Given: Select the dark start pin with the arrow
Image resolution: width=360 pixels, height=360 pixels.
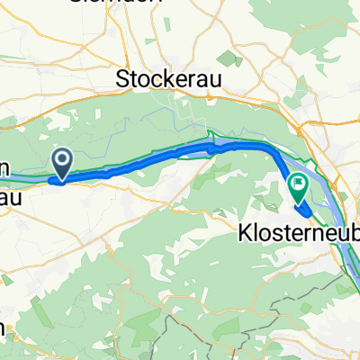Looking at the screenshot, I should point(62,163).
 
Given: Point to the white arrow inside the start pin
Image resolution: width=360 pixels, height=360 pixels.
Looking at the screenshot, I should point(62,160).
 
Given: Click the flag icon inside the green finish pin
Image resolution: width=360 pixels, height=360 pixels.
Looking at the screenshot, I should point(297,185).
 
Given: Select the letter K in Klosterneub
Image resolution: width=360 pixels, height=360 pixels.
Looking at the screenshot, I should point(242,233).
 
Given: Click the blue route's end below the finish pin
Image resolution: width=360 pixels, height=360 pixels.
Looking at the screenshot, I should point(309,212).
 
